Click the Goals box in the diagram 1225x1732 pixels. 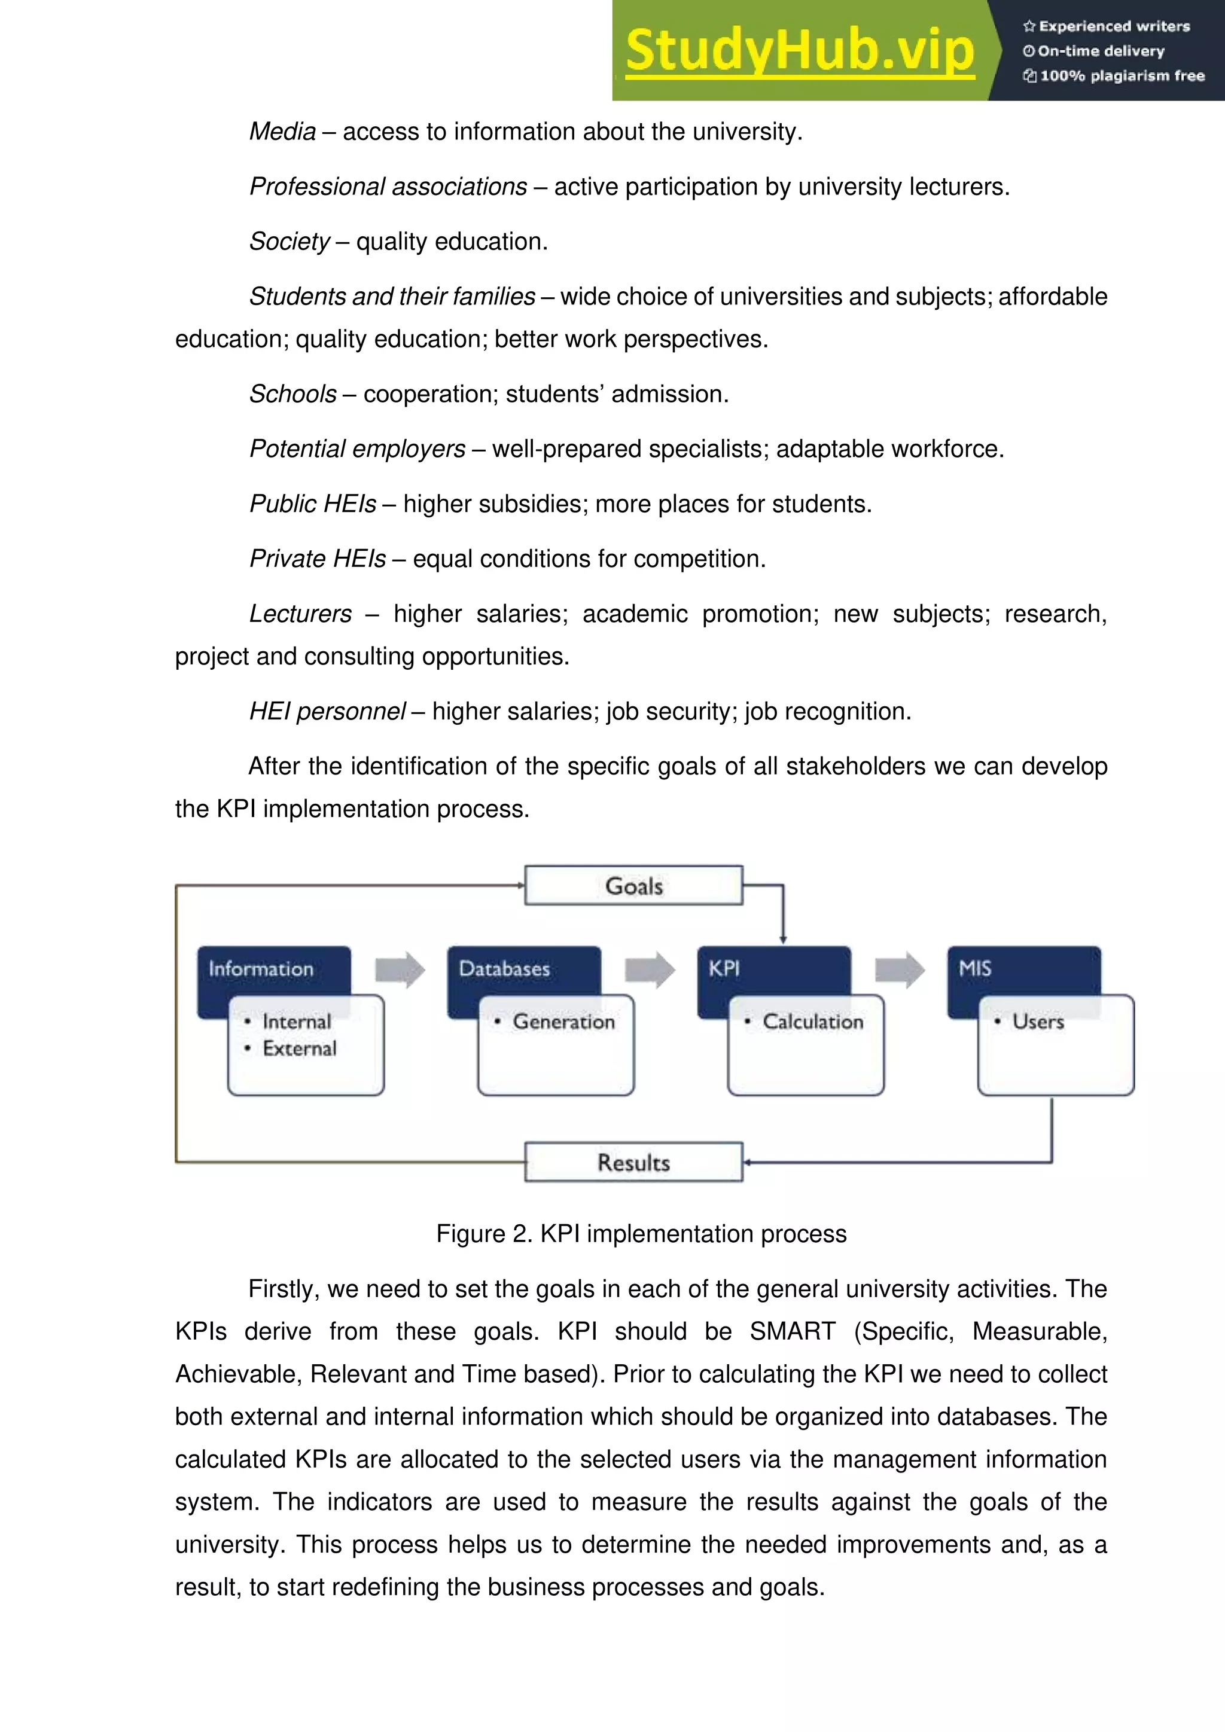coord(633,886)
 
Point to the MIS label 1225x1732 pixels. coord(974,969)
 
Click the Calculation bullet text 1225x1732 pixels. coord(812,1021)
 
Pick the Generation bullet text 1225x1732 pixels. coord(563,1021)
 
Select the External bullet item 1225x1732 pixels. coord(298,1048)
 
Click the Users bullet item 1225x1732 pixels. coord(1038,1021)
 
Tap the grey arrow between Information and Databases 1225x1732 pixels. coord(400,969)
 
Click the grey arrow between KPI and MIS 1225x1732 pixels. coord(899,969)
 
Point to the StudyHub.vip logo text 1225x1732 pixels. coord(800,51)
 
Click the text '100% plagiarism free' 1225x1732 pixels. coord(1122,75)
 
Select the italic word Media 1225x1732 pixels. coord(283,131)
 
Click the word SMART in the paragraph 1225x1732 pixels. coord(792,1331)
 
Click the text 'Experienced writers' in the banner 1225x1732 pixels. coord(1114,26)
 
